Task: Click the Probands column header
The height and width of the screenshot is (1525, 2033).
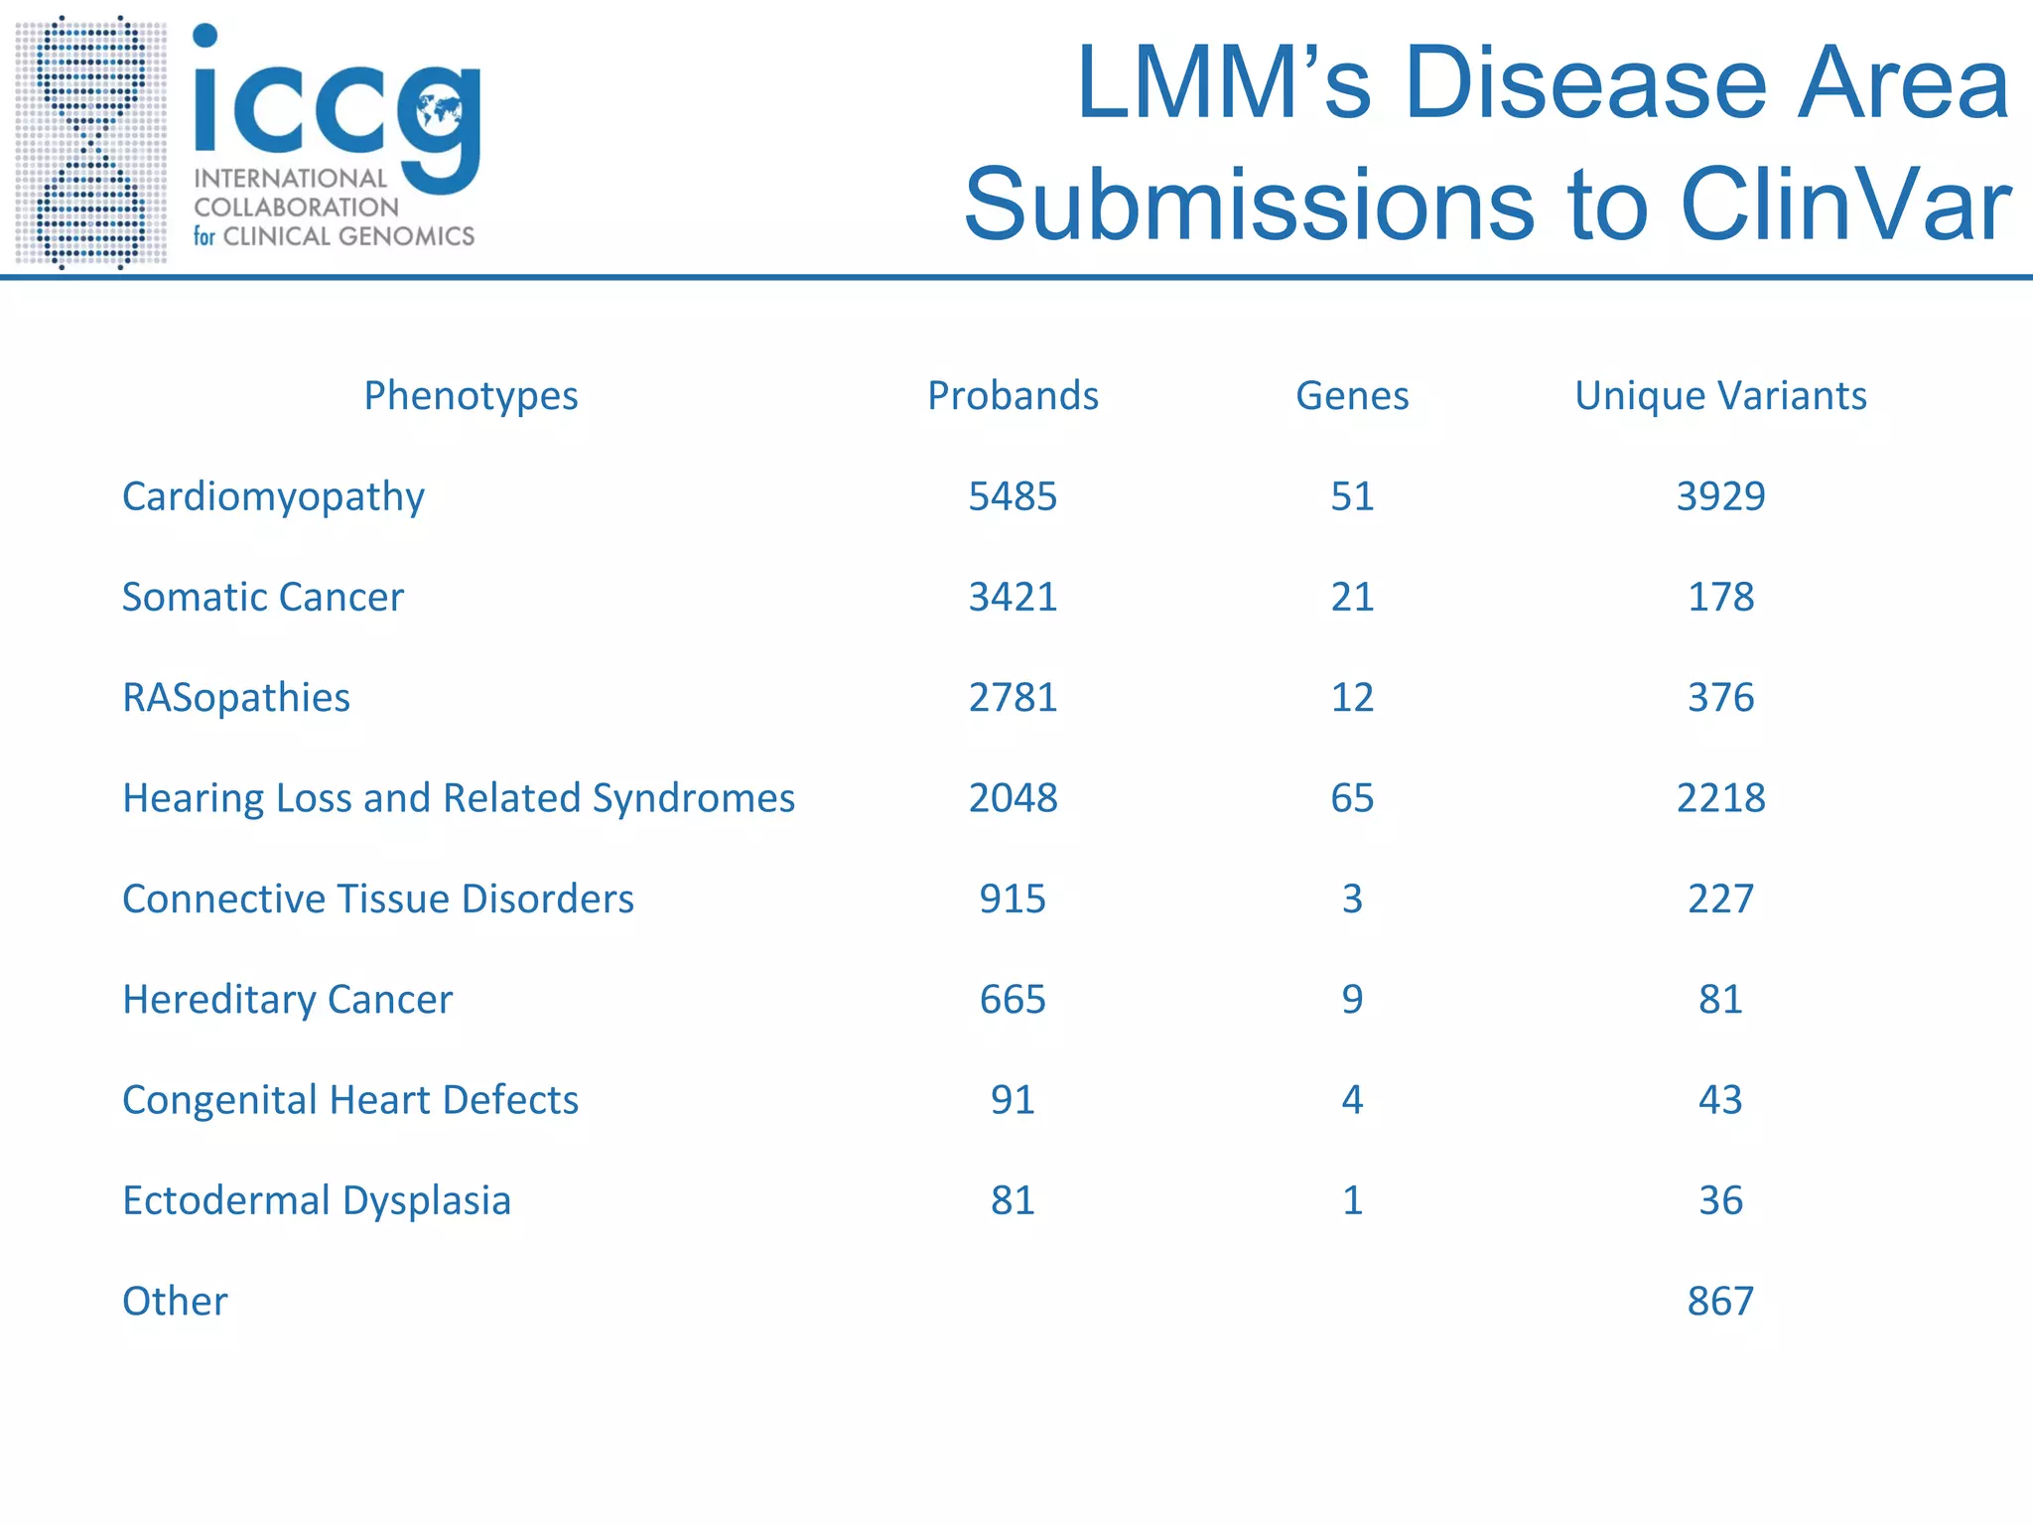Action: pyautogui.click(x=1013, y=395)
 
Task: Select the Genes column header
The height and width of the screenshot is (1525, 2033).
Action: pyautogui.click(x=1352, y=395)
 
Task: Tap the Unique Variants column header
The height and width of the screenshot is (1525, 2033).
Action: pyautogui.click(x=1720, y=395)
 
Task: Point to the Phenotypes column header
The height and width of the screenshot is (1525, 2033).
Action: pyautogui.click(x=471, y=395)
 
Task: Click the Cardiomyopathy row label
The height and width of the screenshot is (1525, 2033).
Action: pyautogui.click(x=273, y=496)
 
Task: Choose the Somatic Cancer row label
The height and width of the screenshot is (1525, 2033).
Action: pyautogui.click(x=263, y=597)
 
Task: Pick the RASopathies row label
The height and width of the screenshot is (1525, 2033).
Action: pyautogui.click(x=236, y=697)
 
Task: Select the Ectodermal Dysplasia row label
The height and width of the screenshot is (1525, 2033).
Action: pyautogui.click(x=317, y=1200)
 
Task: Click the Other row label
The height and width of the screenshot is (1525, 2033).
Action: pyautogui.click(x=175, y=1301)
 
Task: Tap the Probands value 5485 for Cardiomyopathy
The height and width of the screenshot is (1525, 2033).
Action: pyautogui.click(x=1013, y=496)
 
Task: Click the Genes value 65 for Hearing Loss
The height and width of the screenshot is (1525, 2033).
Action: pyautogui.click(x=1352, y=797)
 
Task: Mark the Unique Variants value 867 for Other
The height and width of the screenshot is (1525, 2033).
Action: pyautogui.click(x=1720, y=1301)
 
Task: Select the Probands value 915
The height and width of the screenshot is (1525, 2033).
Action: pyautogui.click(x=1013, y=899)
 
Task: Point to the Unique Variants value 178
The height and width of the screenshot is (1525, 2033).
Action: pyautogui.click(x=1720, y=597)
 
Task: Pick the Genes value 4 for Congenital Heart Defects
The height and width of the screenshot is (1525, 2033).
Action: pyautogui.click(x=1352, y=1099)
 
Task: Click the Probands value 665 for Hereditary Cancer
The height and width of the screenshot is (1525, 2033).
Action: pyautogui.click(x=1013, y=999)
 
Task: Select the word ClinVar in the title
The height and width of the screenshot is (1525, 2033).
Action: pyautogui.click(x=1846, y=205)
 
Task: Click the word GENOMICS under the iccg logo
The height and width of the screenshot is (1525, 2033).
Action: pyautogui.click(x=407, y=236)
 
